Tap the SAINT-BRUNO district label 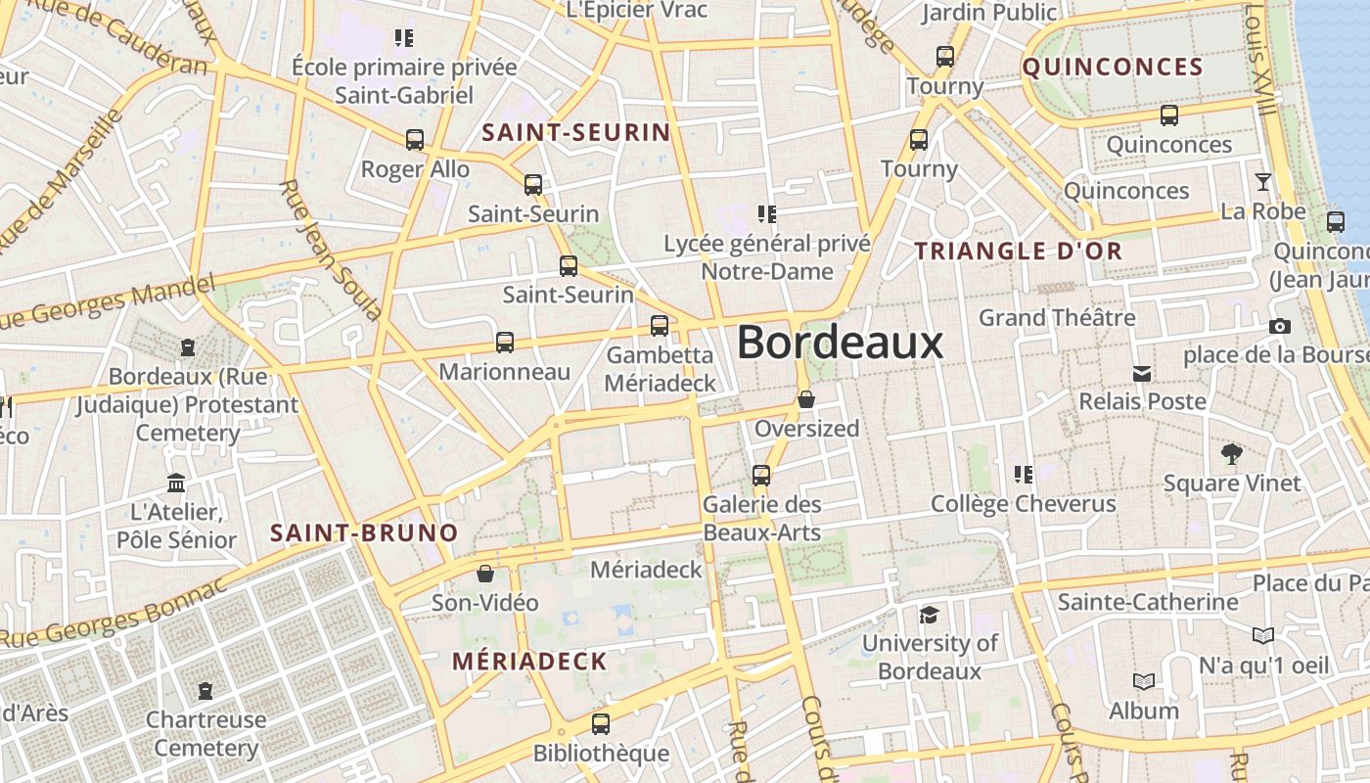click(364, 533)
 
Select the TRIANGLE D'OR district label click(1019, 251)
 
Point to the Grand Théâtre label click(1057, 318)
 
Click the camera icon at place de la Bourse click(1279, 327)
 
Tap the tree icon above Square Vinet click(1232, 454)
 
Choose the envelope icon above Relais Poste click(1141, 373)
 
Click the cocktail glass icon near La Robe click(1263, 182)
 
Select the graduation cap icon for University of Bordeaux click(929, 615)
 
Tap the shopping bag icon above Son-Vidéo click(485, 574)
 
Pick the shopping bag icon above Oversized click(806, 399)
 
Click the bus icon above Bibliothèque click(601, 724)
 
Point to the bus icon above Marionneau click(505, 343)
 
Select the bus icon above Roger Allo click(415, 140)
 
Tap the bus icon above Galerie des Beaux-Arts click(761, 477)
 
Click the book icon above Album click(1143, 681)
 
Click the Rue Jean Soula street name click(329, 251)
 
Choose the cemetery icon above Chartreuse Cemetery click(205, 691)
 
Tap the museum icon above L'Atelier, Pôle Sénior click(176, 483)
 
